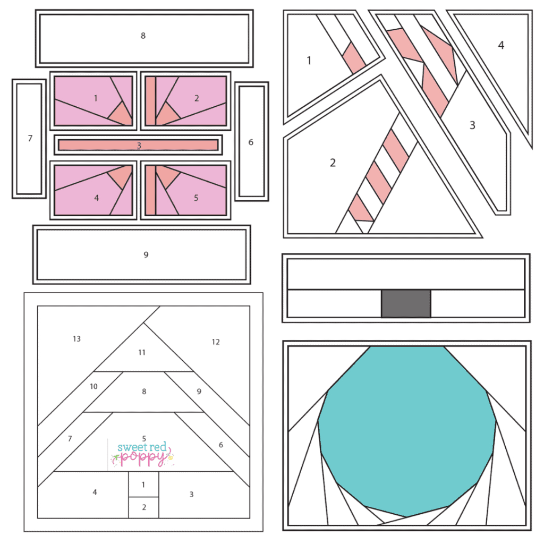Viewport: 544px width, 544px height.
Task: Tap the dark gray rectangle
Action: click(x=406, y=303)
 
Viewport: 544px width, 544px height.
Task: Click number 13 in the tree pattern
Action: click(x=76, y=339)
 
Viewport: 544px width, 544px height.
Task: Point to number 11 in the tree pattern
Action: click(x=142, y=352)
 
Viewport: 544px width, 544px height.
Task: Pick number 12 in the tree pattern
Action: click(x=216, y=342)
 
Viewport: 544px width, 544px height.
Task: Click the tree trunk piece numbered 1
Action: click(x=143, y=484)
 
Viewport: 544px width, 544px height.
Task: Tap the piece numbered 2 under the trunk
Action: click(x=144, y=507)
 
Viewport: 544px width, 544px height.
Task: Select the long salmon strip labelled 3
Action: click(x=138, y=145)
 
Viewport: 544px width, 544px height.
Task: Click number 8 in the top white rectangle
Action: click(x=143, y=36)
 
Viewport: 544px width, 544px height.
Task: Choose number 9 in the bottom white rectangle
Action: click(x=146, y=255)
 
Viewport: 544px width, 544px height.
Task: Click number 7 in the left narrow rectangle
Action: click(x=30, y=139)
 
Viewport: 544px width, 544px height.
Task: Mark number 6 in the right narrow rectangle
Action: click(x=251, y=142)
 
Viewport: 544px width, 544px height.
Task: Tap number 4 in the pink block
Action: click(x=97, y=198)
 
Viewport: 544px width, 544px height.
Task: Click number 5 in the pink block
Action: click(x=196, y=198)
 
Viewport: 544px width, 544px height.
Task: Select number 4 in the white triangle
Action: click(x=501, y=45)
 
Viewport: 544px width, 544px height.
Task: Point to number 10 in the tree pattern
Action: click(x=93, y=386)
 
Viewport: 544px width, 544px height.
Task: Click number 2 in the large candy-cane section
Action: click(x=333, y=163)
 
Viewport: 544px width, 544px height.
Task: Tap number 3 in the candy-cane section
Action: click(x=472, y=125)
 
